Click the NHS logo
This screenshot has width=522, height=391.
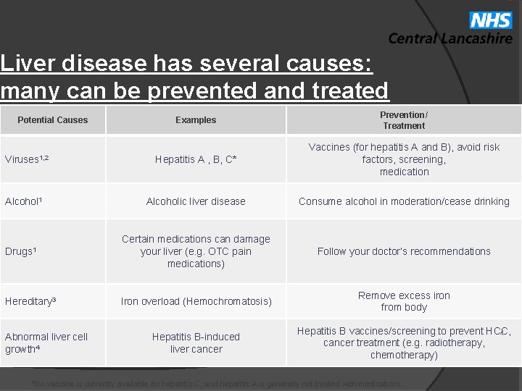point(491,20)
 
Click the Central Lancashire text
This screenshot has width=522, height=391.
point(449,38)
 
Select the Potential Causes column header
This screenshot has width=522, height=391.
point(52,120)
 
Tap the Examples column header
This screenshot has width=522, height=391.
point(196,120)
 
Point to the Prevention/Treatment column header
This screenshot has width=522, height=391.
point(404,120)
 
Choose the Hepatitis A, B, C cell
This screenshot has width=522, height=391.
point(196,159)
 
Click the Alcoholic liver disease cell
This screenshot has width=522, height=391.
point(196,201)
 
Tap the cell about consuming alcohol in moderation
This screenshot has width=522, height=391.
point(404,201)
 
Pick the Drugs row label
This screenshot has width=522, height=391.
point(20,251)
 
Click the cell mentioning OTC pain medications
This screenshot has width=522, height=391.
point(196,251)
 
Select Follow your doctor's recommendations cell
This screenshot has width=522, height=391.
point(404,251)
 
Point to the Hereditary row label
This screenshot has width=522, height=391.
point(30,300)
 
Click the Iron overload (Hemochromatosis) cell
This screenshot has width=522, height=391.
point(196,300)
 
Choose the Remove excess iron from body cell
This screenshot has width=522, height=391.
point(404,301)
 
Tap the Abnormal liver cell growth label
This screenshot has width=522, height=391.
point(46,342)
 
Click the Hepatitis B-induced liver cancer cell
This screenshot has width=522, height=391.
point(196,342)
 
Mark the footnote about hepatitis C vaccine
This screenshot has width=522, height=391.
point(217,384)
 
